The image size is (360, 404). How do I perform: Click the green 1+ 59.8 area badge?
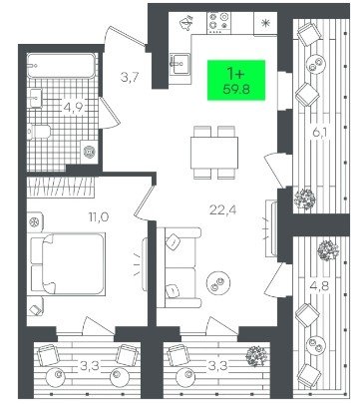236,80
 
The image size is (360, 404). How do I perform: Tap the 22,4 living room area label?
222,209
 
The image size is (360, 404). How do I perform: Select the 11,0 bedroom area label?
99,217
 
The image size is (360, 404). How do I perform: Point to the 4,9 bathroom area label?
74,108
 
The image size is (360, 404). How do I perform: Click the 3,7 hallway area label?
129,78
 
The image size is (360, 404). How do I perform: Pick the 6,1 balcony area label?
320,133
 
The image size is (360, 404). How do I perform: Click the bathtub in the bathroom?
62,66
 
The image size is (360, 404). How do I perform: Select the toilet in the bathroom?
39,132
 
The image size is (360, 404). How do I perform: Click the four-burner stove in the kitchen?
218,23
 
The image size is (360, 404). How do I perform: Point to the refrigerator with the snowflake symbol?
265,23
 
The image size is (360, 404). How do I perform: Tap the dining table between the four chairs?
214,153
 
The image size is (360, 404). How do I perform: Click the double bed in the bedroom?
68,263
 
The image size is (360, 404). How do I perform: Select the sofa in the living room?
179,267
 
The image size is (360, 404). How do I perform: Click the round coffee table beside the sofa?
218,282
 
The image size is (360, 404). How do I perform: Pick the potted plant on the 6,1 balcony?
304,200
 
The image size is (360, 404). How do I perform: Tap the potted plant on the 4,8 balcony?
328,250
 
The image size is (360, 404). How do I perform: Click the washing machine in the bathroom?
89,152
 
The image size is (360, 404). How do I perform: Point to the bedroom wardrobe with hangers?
61,187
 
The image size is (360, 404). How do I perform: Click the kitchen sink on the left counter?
180,64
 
